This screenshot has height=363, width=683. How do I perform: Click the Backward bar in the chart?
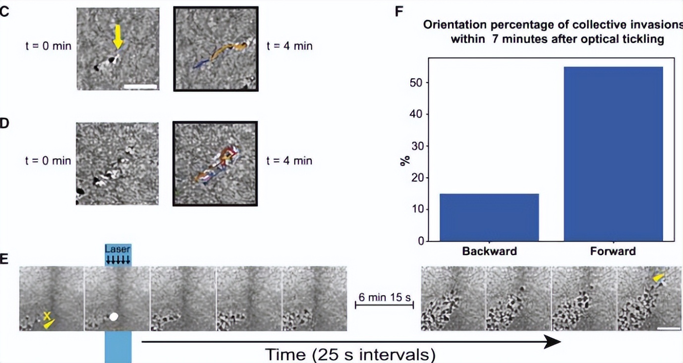[x=489, y=217]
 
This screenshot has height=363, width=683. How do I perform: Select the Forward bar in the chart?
[x=613, y=154]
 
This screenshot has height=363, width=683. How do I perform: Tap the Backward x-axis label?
[x=489, y=251]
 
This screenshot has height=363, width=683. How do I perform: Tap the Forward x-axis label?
[x=613, y=251]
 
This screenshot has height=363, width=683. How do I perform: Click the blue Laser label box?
[x=118, y=254]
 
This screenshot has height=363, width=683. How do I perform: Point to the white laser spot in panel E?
[x=114, y=316]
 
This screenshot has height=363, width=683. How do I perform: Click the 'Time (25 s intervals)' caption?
[x=350, y=354]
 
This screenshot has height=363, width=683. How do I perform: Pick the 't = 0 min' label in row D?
[x=48, y=161]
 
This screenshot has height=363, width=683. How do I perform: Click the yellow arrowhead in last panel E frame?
[x=658, y=280]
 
